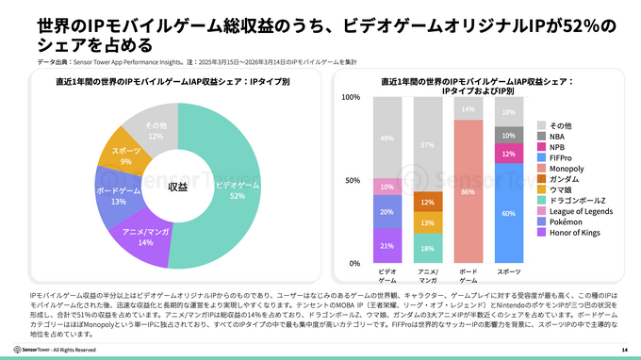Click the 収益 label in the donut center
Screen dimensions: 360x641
[x=177, y=187]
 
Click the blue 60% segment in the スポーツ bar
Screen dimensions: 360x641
[x=509, y=213]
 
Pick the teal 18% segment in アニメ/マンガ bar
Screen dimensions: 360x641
[x=427, y=248]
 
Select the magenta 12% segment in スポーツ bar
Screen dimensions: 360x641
[x=509, y=154]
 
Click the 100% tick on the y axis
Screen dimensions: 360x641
[x=349, y=97]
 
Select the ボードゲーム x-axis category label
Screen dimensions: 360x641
[x=468, y=275]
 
